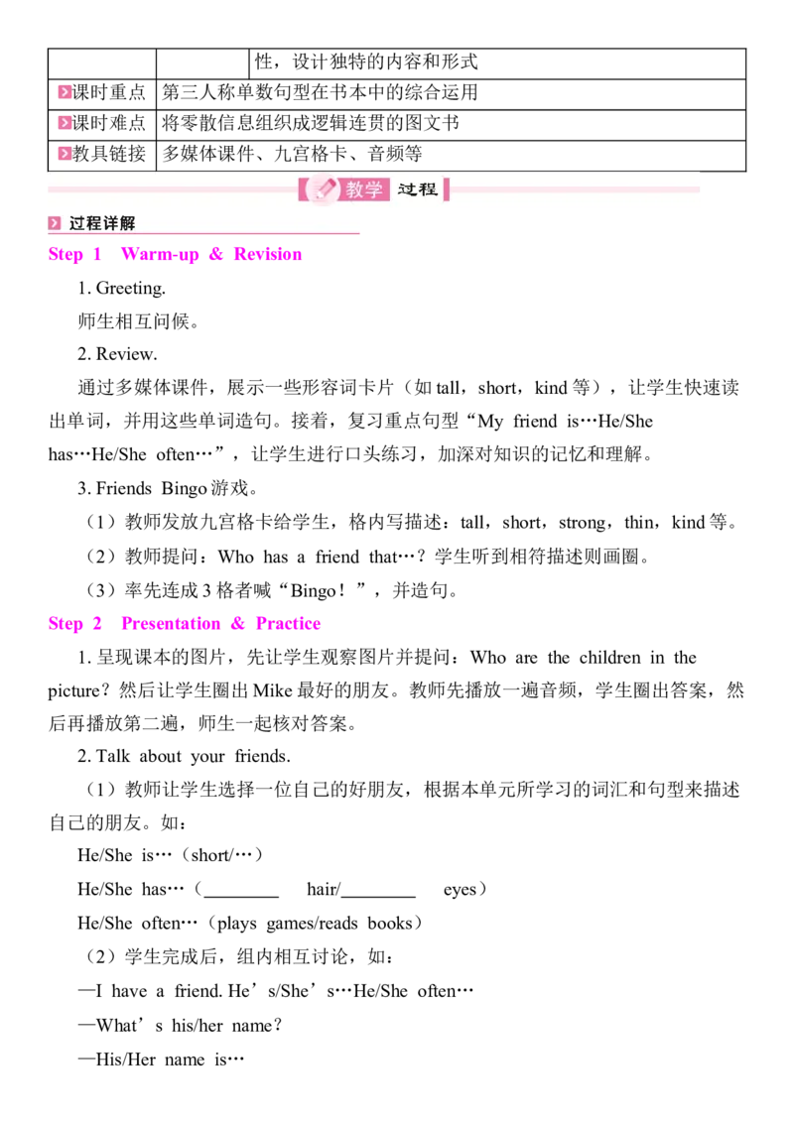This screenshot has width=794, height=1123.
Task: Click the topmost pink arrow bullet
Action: pyautogui.click(x=64, y=92)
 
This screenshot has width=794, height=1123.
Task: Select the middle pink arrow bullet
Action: pyautogui.click(x=64, y=123)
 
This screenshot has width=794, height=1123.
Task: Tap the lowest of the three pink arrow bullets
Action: pyautogui.click(x=64, y=153)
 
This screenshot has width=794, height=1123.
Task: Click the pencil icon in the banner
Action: pyautogui.click(x=323, y=188)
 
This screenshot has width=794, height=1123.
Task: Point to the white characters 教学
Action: pyautogui.click(x=364, y=189)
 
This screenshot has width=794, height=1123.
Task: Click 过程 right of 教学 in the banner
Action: pyautogui.click(x=418, y=188)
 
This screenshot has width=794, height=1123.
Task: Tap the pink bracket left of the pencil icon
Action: pyautogui.click(x=302, y=189)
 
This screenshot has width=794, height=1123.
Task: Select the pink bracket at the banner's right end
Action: pyautogui.click(x=447, y=189)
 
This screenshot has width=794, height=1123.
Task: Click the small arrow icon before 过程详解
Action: pyautogui.click(x=55, y=223)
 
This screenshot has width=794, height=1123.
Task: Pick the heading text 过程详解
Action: pyautogui.click(x=102, y=223)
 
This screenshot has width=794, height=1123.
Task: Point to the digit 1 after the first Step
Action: pyautogui.click(x=97, y=255)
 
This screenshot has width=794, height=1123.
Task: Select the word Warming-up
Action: pyautogui.click(x=159, y=255)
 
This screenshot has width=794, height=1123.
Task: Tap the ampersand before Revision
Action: pyautogui.click(x=215, y=255)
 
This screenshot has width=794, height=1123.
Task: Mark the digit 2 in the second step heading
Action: pyautogui.click(x=97, y=624)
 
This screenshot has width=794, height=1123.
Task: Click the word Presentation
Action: pyautogui.click(x=170, y=624)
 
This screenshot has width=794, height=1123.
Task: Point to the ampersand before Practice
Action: pyautogui.click(x=237, y=624)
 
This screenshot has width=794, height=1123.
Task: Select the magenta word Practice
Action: pyautogui.click(x=289, y=624)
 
